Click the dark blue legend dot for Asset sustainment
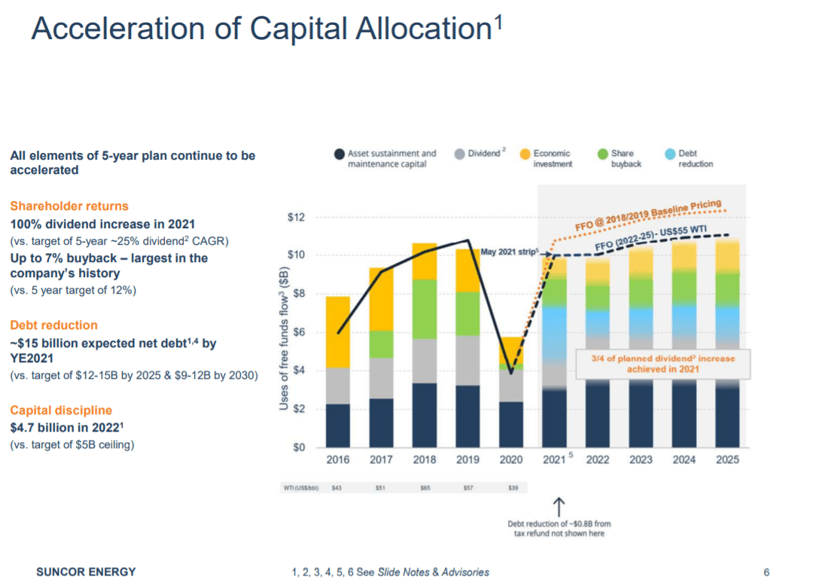(x=339, y=154)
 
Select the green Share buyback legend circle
(x=601, y=154)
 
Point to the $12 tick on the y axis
(x=297, y=218)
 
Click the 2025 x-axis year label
(x=727, y=460)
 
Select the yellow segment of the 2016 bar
(x=337, y=331)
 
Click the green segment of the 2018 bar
(x=425, y=309)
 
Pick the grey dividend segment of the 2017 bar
(x=381, y=378)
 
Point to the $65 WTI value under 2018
(x=424, y=487)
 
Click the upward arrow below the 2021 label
(x=558, y=505)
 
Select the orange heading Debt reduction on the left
(x=53, y=325)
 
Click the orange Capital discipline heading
(x=61, y=411)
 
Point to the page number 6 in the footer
(x=766, y=572)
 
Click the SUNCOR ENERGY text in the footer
(x=86, y=572)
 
